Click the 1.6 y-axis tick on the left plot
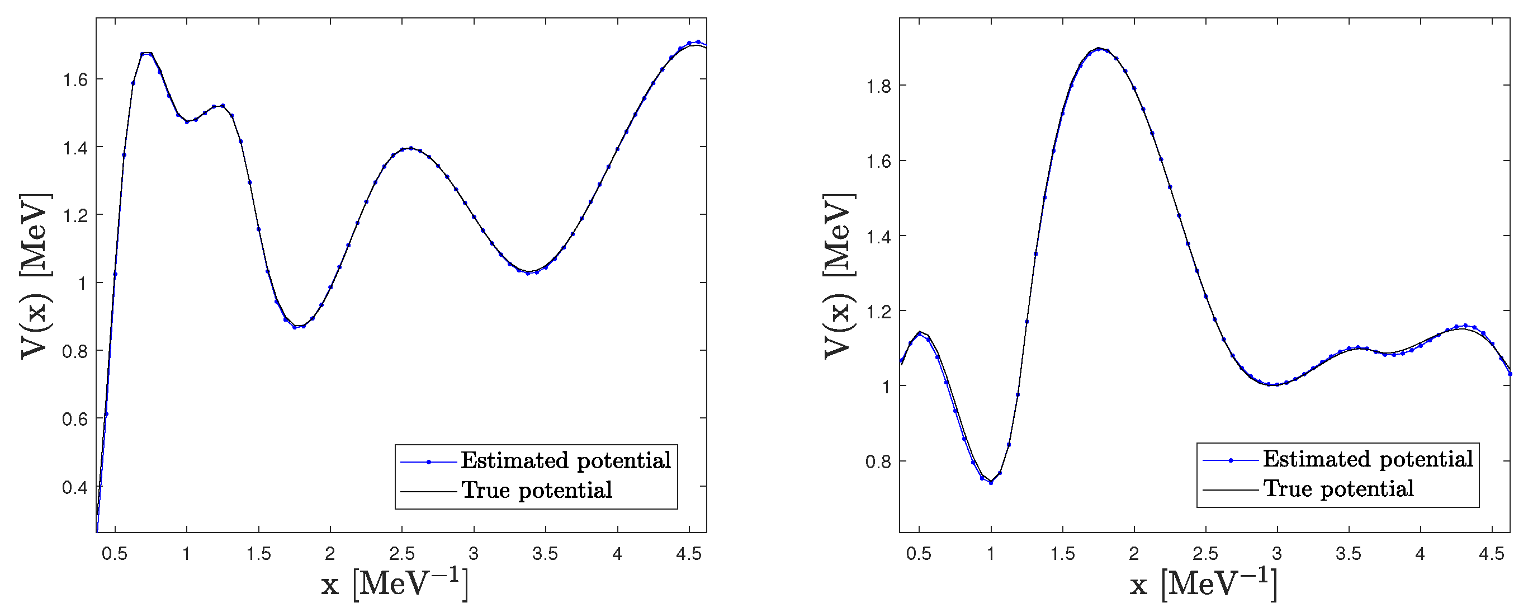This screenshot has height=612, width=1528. click(x=75, y=79)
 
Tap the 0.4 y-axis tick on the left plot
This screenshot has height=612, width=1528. click(x=75, y=487)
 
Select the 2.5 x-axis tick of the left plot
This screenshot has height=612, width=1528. click(x=401, y=554)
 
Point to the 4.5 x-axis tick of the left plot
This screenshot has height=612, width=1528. click(x=689, y=554)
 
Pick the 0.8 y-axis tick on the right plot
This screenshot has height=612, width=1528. click(x=878, y=461)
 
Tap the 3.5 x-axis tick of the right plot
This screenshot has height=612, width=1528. click(x=1349, y=554)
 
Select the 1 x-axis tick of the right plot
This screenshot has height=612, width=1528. click(x=991, y=554)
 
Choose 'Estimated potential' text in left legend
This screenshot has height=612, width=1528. click(x=565, y=460)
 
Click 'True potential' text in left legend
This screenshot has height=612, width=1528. click(x=537, y=490)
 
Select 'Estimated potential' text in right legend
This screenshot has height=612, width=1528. click(x=1368, y=459)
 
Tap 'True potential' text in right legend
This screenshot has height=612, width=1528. click(x=1339, y=488)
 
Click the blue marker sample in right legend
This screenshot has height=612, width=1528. click(x=1230, y=460)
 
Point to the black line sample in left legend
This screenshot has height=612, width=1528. click(x=428, y=491)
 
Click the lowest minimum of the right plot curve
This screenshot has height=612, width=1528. click(x=991, y=482)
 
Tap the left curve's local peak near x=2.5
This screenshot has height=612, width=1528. click(x=410, y=148)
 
